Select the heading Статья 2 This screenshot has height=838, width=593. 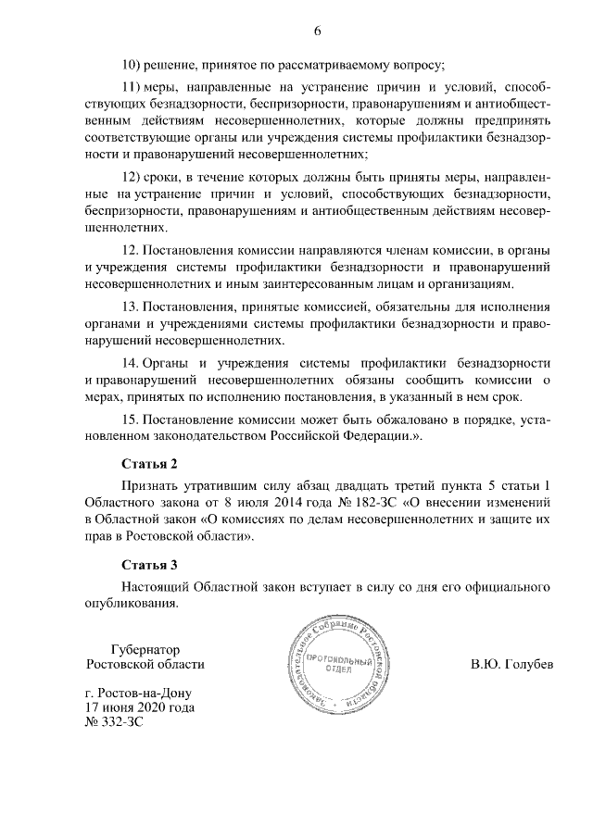coord(148,462)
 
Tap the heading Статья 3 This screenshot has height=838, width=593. coord(148,564)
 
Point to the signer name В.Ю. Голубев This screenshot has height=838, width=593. coord(511,665)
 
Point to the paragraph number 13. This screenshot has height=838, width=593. coord(131,306)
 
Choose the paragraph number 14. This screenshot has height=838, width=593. coord(131,362)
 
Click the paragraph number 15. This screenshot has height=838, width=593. coord(131,419)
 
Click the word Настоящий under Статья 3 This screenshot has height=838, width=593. coord(155,586)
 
